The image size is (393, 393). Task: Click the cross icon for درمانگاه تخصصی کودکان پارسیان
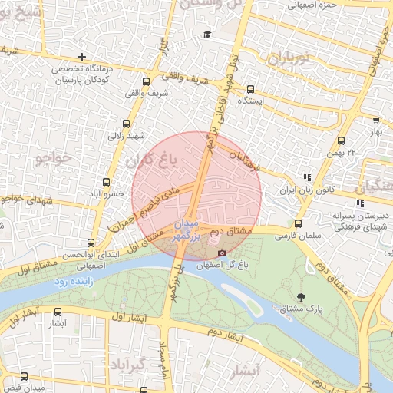click(x=82, y=58)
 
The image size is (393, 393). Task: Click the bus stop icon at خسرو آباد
click(x=106, y=183)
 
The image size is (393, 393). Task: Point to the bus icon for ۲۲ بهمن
click(x=342, y=140)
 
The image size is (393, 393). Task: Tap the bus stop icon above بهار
click(x=375, y=120)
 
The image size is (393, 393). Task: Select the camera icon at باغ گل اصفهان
click(x=223, y=253)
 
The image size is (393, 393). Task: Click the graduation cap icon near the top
click(x=206, y=35)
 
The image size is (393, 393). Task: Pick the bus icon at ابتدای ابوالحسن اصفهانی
click(x=91, y=243)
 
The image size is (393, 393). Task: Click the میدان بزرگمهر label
click(x=187, y=231)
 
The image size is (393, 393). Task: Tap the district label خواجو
click(x=53, y=157)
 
